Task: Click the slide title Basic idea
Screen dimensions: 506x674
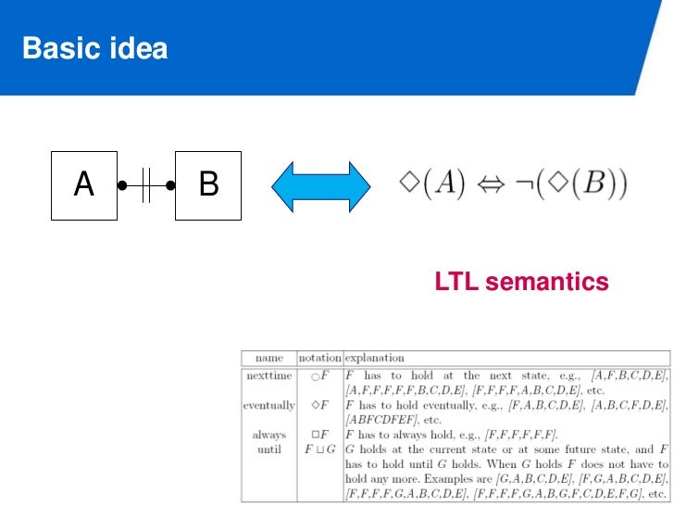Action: (95, 47)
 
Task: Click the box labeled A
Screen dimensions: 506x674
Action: (84, 185)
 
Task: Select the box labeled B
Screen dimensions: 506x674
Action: (208, 185)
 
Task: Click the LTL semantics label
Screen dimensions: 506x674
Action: (521, 282)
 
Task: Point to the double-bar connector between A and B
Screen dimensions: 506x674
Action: (146, 185)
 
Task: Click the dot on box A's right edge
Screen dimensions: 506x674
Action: (121, 185)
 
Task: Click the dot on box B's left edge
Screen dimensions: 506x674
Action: (171, 185)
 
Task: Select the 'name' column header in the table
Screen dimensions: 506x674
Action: (268, 357)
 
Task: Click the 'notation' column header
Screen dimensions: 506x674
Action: (319, 357)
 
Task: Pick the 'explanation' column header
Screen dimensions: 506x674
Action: (375, 357)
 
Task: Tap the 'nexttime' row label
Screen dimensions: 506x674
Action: (269, 375)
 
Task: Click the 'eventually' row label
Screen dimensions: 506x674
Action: (269, 405)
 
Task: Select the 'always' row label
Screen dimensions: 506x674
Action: (269, 435)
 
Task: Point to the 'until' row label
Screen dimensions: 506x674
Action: (269, 449)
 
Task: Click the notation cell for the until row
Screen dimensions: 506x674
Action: (319, 449)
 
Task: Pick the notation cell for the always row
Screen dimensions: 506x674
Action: (319, 435)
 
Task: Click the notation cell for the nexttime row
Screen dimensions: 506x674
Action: (319, 375)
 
